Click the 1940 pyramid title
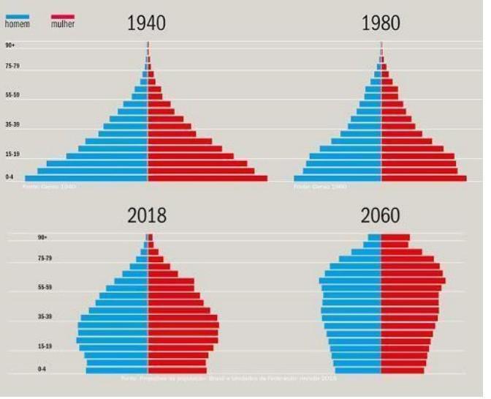tap(146, 23)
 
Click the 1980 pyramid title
tap(381, 23)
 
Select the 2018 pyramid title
tap(147, 216)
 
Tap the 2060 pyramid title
tap(380, 216)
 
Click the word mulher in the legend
tap(63, 25)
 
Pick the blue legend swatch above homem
tap(18, 15)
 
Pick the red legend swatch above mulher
tap(63, 15)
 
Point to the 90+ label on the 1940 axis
tap(10, 45)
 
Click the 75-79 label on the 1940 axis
tap(12, 66)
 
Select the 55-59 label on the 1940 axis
tap(12, 95)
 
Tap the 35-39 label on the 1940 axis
tap(12, 124)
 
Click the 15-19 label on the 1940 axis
tap(12, 154)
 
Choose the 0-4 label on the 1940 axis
tap(10, 177)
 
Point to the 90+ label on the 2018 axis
tap(42, 237)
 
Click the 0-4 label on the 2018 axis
tap(42, 370)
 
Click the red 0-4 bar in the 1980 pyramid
tap(424, 178)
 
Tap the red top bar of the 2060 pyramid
tap(395, 237)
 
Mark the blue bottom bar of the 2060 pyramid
tap(357, 370)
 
